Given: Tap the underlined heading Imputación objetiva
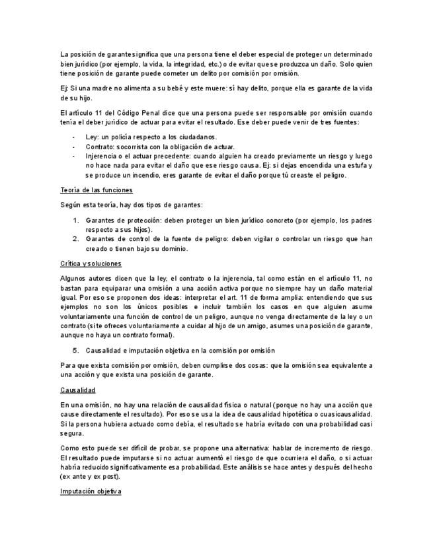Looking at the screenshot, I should click(x=91, y=492).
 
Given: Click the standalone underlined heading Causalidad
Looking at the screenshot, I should click(x=78, y=390).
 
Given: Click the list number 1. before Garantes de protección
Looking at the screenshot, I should click(x=75, y=219).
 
